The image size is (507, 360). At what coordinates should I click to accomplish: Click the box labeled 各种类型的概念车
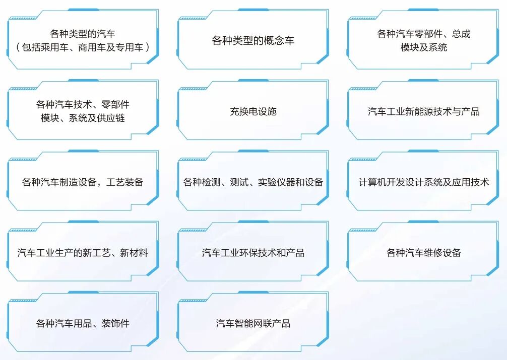pos(253,41)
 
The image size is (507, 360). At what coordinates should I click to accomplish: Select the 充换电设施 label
pos(253,112)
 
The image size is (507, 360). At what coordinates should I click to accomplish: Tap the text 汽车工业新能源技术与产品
pos(423,112)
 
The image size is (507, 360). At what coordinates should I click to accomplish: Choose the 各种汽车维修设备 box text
pos(423,253)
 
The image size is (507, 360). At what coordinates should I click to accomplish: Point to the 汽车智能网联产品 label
pos(253,323)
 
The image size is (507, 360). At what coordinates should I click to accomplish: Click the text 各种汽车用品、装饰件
pos(83,323)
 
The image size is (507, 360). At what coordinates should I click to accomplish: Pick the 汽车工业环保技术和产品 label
pos(253,253)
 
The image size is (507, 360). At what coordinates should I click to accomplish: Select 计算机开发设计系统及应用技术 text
pos(423,182)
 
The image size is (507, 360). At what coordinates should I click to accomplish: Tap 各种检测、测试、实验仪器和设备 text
pos(253,182)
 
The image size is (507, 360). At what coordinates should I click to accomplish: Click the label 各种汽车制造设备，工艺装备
pos(83,182)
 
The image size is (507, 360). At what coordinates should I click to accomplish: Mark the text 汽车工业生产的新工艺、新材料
pos(83,253)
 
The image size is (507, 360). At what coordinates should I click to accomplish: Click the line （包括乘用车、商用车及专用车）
pos(83,48)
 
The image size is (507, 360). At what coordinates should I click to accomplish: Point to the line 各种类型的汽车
pos(83,34)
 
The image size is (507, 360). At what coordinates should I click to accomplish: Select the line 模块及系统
pos(423,48)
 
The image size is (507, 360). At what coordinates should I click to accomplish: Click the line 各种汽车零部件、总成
pos(423,34)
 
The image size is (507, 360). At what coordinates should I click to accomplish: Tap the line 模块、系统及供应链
pos(83,118)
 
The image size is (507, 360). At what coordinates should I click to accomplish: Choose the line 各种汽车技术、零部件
pos(83,105)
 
